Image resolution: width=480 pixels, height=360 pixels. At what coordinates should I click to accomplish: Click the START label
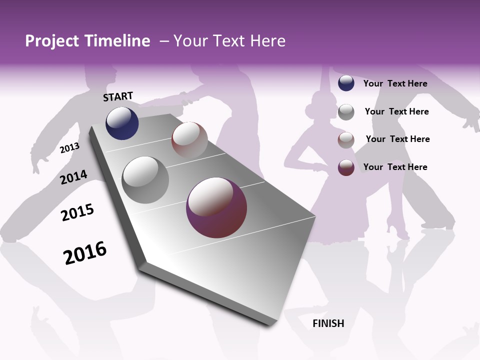point(118,96)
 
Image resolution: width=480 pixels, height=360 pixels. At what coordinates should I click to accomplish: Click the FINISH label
point(328,323)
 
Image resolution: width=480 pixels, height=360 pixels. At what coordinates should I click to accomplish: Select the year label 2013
point(70,147)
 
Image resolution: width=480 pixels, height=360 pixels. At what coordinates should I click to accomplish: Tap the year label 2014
point(73,177)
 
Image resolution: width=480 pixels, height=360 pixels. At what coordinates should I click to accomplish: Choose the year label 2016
point(85,253)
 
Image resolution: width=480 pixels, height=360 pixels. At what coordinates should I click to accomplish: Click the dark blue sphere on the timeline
point(122,123)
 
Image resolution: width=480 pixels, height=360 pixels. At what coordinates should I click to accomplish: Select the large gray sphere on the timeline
point(145,180)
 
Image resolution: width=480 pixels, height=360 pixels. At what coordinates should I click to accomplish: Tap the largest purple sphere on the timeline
point(216,208)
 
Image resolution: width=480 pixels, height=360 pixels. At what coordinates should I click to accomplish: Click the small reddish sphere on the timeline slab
point(189,140)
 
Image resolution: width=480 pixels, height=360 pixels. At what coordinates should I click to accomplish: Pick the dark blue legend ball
point(346,83)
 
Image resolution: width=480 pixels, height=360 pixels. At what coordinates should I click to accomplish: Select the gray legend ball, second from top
point(346,111)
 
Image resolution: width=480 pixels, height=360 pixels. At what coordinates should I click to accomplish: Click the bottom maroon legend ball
point(346,167)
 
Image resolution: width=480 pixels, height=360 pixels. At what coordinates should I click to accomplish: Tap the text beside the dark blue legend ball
point(395,83)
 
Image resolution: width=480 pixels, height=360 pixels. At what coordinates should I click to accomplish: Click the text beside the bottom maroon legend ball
point(395,167)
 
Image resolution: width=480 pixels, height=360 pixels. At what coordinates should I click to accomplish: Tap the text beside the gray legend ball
point(396,111)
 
